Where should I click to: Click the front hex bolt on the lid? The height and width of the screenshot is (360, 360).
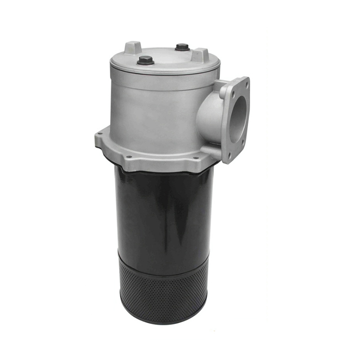pyautogui.click(x=145, y=60)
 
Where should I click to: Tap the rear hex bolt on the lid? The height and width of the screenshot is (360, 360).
pyautogui.click(x=182, y=47)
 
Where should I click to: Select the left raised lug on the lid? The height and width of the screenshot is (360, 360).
pyautogui.click(x=133, y=48)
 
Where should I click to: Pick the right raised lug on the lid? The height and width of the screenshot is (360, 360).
pyautogui.click(x=200, y=55)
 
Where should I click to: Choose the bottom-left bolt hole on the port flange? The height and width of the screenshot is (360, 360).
pyautogui.click(x=229, y=155)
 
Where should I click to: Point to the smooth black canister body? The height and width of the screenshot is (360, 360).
pyautogui.click(x=163, y=211)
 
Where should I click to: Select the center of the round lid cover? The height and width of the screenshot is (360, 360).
pyautogui.click(x=164, y=57)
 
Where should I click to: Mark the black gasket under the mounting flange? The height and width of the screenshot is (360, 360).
pyautogui.click(x=163, y=170)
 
